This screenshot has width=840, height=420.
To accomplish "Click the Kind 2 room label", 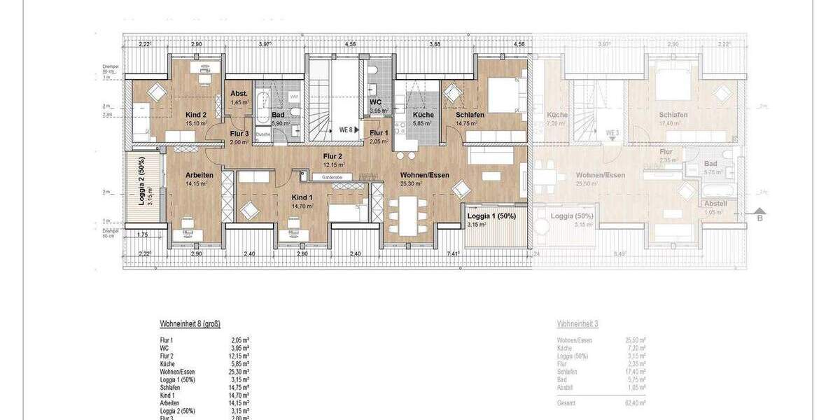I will tap(196, 114).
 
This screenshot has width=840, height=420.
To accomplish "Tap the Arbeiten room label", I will tap(199, 175).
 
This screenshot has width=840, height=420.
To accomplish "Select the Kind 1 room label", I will tap(303, 198).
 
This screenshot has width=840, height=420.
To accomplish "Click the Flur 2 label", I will tap(332, 156).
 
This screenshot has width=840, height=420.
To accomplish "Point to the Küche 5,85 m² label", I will tap(423, 115).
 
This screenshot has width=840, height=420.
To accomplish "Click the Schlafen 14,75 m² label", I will tap(470, 115).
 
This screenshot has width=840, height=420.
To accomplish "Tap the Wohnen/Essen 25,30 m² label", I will tap(424, 175).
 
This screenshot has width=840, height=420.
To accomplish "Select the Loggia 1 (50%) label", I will tap(491, 216).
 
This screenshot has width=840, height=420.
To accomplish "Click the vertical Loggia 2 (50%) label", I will tap(141, 174).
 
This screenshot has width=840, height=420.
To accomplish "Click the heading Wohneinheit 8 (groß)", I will tap(190, 324).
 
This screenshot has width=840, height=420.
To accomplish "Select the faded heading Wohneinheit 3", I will tap(577, 324).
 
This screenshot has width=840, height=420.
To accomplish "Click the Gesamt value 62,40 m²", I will tap(635, 403).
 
